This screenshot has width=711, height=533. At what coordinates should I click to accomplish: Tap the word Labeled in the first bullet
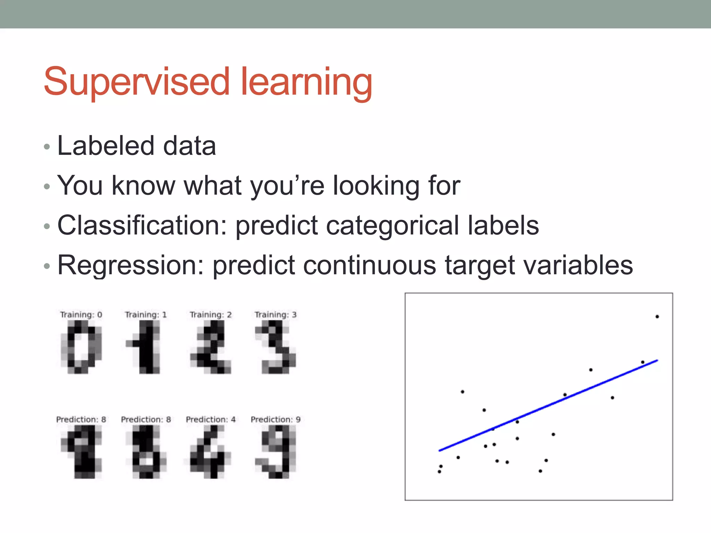point(106,146)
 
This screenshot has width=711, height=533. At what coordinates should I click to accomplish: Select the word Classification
point(142,225)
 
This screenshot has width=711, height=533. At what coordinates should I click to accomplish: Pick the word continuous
point(369,265)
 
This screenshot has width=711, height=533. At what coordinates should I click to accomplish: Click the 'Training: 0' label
point(81,315)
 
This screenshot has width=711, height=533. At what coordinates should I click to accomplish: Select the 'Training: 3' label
point(276,315)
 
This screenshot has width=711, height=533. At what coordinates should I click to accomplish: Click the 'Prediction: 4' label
point(211,420)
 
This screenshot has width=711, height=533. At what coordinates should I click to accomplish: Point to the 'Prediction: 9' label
point(276,420)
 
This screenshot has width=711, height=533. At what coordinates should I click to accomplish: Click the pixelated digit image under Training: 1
point(146,347)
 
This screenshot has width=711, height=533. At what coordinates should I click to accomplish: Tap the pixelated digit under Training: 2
point(211,347)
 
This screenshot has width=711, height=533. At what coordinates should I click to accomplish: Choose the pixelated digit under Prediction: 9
point(276,452)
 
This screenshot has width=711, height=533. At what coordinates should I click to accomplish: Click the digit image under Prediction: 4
point(211,452)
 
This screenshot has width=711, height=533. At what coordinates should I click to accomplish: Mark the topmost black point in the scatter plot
point(657,316)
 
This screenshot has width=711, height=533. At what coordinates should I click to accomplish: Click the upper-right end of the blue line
point(657,361)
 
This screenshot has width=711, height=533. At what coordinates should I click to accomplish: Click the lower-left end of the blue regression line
point(440,450)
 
